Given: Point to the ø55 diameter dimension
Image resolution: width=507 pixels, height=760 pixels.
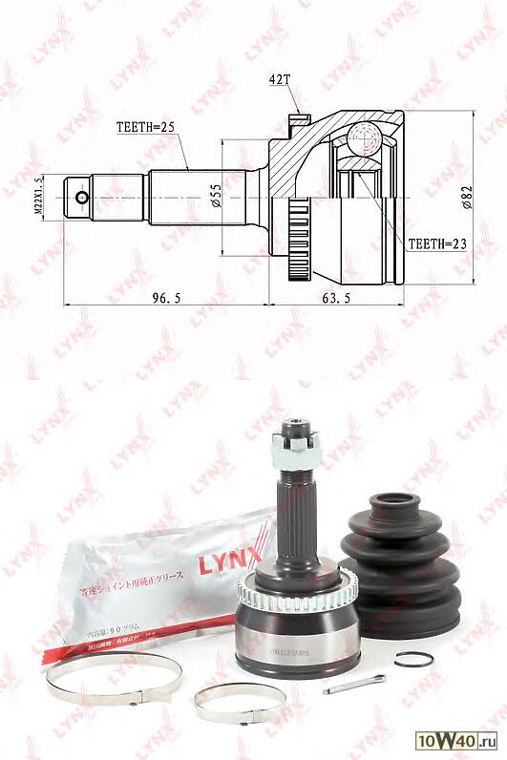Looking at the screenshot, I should click(217, 196).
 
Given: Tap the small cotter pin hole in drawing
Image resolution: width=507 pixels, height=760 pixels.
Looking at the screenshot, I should click(82, 199).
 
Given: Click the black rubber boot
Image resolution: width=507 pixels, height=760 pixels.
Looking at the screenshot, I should click(400, 562).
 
